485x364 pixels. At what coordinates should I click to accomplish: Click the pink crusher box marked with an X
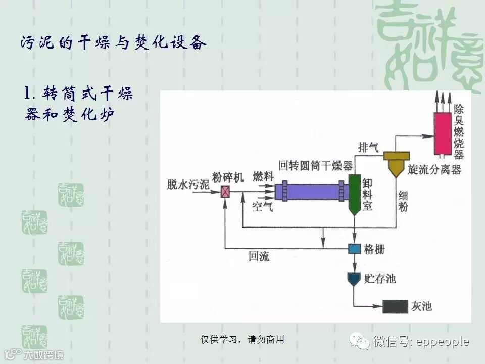pyautogui.click(x=226, y=192)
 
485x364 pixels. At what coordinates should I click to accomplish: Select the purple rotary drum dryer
pyautogui.click(x=311, y=192)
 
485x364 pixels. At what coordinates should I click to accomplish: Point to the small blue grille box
pyautogui.click(x=354, y=249)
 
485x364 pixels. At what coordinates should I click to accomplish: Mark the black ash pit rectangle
pyautogui.click(x=395, y=306)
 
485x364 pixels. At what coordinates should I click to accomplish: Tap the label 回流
pyautogui.click(x=259, y=256)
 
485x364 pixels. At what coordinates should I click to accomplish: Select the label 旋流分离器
pyautogui.click(x=435, y=170)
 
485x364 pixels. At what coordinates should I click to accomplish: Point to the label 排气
pyautogui.click(x=368, y=148)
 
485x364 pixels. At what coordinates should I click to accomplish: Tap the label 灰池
pyautogui.click(x=422, y=306)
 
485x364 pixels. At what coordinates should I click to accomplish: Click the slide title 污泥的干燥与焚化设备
pyautogui.click(x=114, y=43)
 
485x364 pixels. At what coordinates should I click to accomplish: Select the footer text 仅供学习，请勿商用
pyautogui.click(x=242, y=340)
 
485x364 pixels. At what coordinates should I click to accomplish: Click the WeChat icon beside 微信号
pyautogui.click(x=361, y=342)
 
